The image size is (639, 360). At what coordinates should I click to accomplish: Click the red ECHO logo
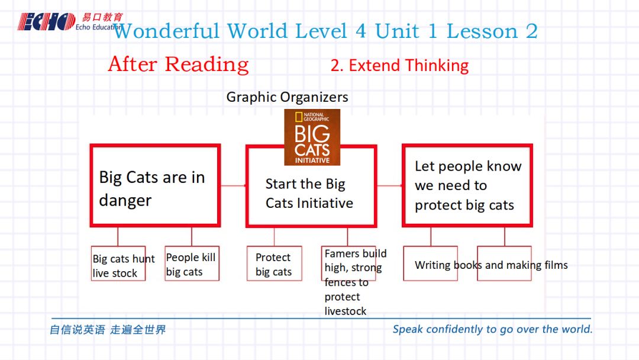point(46,21)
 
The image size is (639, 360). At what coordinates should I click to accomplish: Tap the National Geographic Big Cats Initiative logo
point(312,137)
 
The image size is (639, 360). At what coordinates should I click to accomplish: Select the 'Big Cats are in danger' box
point(155,185)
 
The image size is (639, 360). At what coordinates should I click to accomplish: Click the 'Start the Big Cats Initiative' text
point(309,193)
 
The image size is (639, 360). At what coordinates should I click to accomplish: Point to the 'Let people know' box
point(467,185)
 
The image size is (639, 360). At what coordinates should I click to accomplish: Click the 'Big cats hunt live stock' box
point(118,263)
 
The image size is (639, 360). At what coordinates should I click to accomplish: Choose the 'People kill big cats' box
point(192,263)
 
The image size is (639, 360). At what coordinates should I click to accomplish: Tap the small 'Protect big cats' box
point(275,263)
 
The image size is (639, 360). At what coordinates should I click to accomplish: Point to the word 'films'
point(556,265)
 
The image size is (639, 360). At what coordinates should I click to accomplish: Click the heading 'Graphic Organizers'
point(288,97)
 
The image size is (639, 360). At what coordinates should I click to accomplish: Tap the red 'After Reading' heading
point(179,65)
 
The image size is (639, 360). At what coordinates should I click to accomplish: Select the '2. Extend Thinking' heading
point(399,66)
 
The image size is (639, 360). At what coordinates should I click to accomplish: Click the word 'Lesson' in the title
point(482,31)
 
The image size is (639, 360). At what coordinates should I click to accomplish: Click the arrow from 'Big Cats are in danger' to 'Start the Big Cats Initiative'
point(234,185)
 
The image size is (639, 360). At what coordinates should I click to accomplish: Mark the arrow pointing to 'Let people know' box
point(389,185)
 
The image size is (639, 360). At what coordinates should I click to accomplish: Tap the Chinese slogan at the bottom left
point(108,329)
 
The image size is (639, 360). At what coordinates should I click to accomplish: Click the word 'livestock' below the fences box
point(345,311)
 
